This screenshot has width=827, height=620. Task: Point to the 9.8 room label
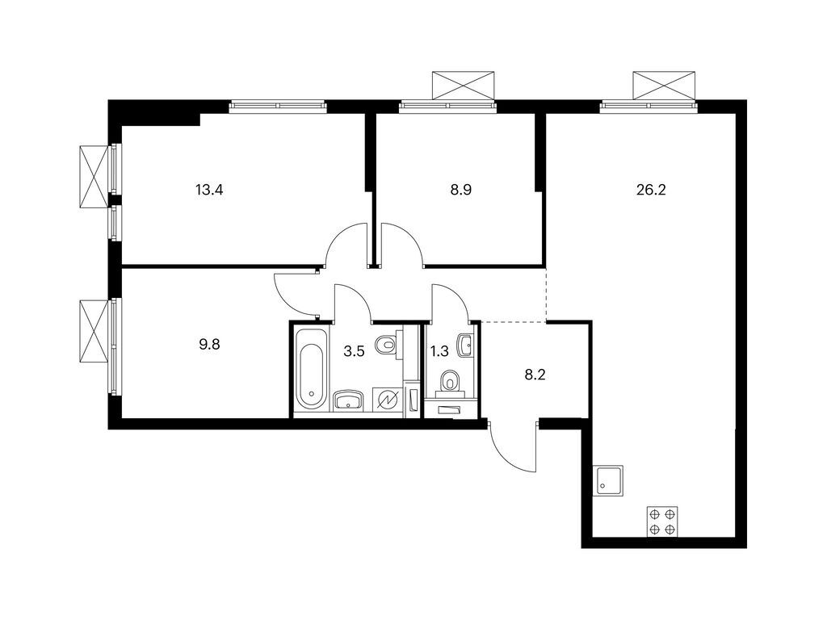click(x=208, y=342)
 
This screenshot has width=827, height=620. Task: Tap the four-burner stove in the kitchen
click(x=662, y=522)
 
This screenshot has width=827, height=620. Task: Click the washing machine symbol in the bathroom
click(x=386, y=400)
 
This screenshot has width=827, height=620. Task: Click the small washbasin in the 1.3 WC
click(x=464, y=345)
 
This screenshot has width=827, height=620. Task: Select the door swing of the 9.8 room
click(x=296, y=294)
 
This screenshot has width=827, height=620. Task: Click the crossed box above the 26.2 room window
click(x=663, y=84)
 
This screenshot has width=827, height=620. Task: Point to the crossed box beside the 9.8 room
click(x=94, y=331)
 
